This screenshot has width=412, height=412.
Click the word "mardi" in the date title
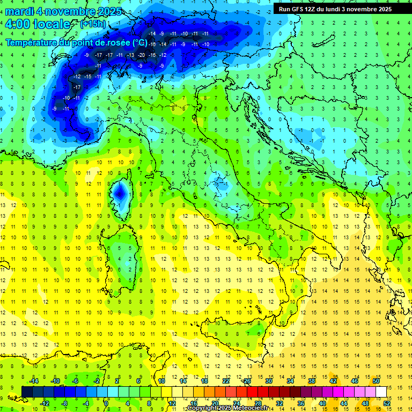pyautogui.click(x=19, y=11)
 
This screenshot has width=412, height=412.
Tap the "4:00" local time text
pyautogui.click(x=17, y=24)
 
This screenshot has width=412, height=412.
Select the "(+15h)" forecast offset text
pyautogui.click(x=93, y=24)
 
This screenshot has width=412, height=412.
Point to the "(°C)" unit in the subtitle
pyautogui.click(x=139, y=42)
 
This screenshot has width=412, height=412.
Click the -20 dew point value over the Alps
pyautogui.click(x=141, y=55)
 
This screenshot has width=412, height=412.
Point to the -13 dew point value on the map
pyautogui.click(x=130, y=55)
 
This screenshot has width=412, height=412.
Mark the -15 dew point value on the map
pyautogui.click(x=87, y=77)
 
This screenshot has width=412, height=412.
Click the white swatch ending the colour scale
pyautogui.click(x=381, y=392)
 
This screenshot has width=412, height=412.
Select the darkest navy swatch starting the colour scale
pyautogui.click(x=27, y=392)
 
